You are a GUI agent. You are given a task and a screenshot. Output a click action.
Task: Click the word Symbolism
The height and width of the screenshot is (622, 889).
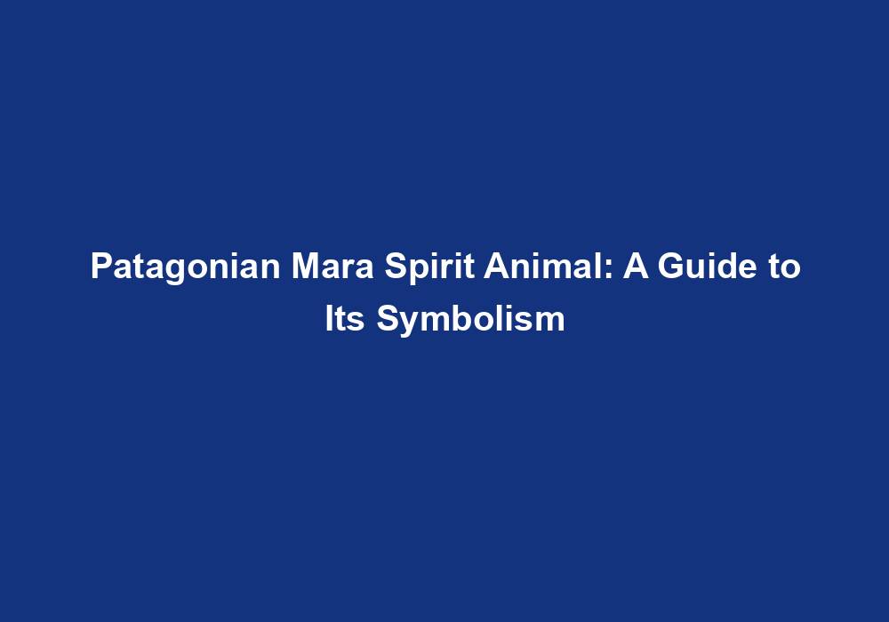pos(470,319)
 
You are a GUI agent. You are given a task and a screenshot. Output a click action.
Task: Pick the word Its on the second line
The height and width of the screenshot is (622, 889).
pos(346,319)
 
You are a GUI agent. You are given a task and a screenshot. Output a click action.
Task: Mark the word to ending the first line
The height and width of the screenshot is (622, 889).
pos(782,267)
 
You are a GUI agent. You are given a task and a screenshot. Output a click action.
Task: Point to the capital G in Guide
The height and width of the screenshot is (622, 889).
pos(669,267)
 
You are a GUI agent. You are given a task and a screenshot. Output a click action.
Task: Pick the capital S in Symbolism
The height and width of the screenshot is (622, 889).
pos(386,319)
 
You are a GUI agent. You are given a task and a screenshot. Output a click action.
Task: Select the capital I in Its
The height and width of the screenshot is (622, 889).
pos(328,319)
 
